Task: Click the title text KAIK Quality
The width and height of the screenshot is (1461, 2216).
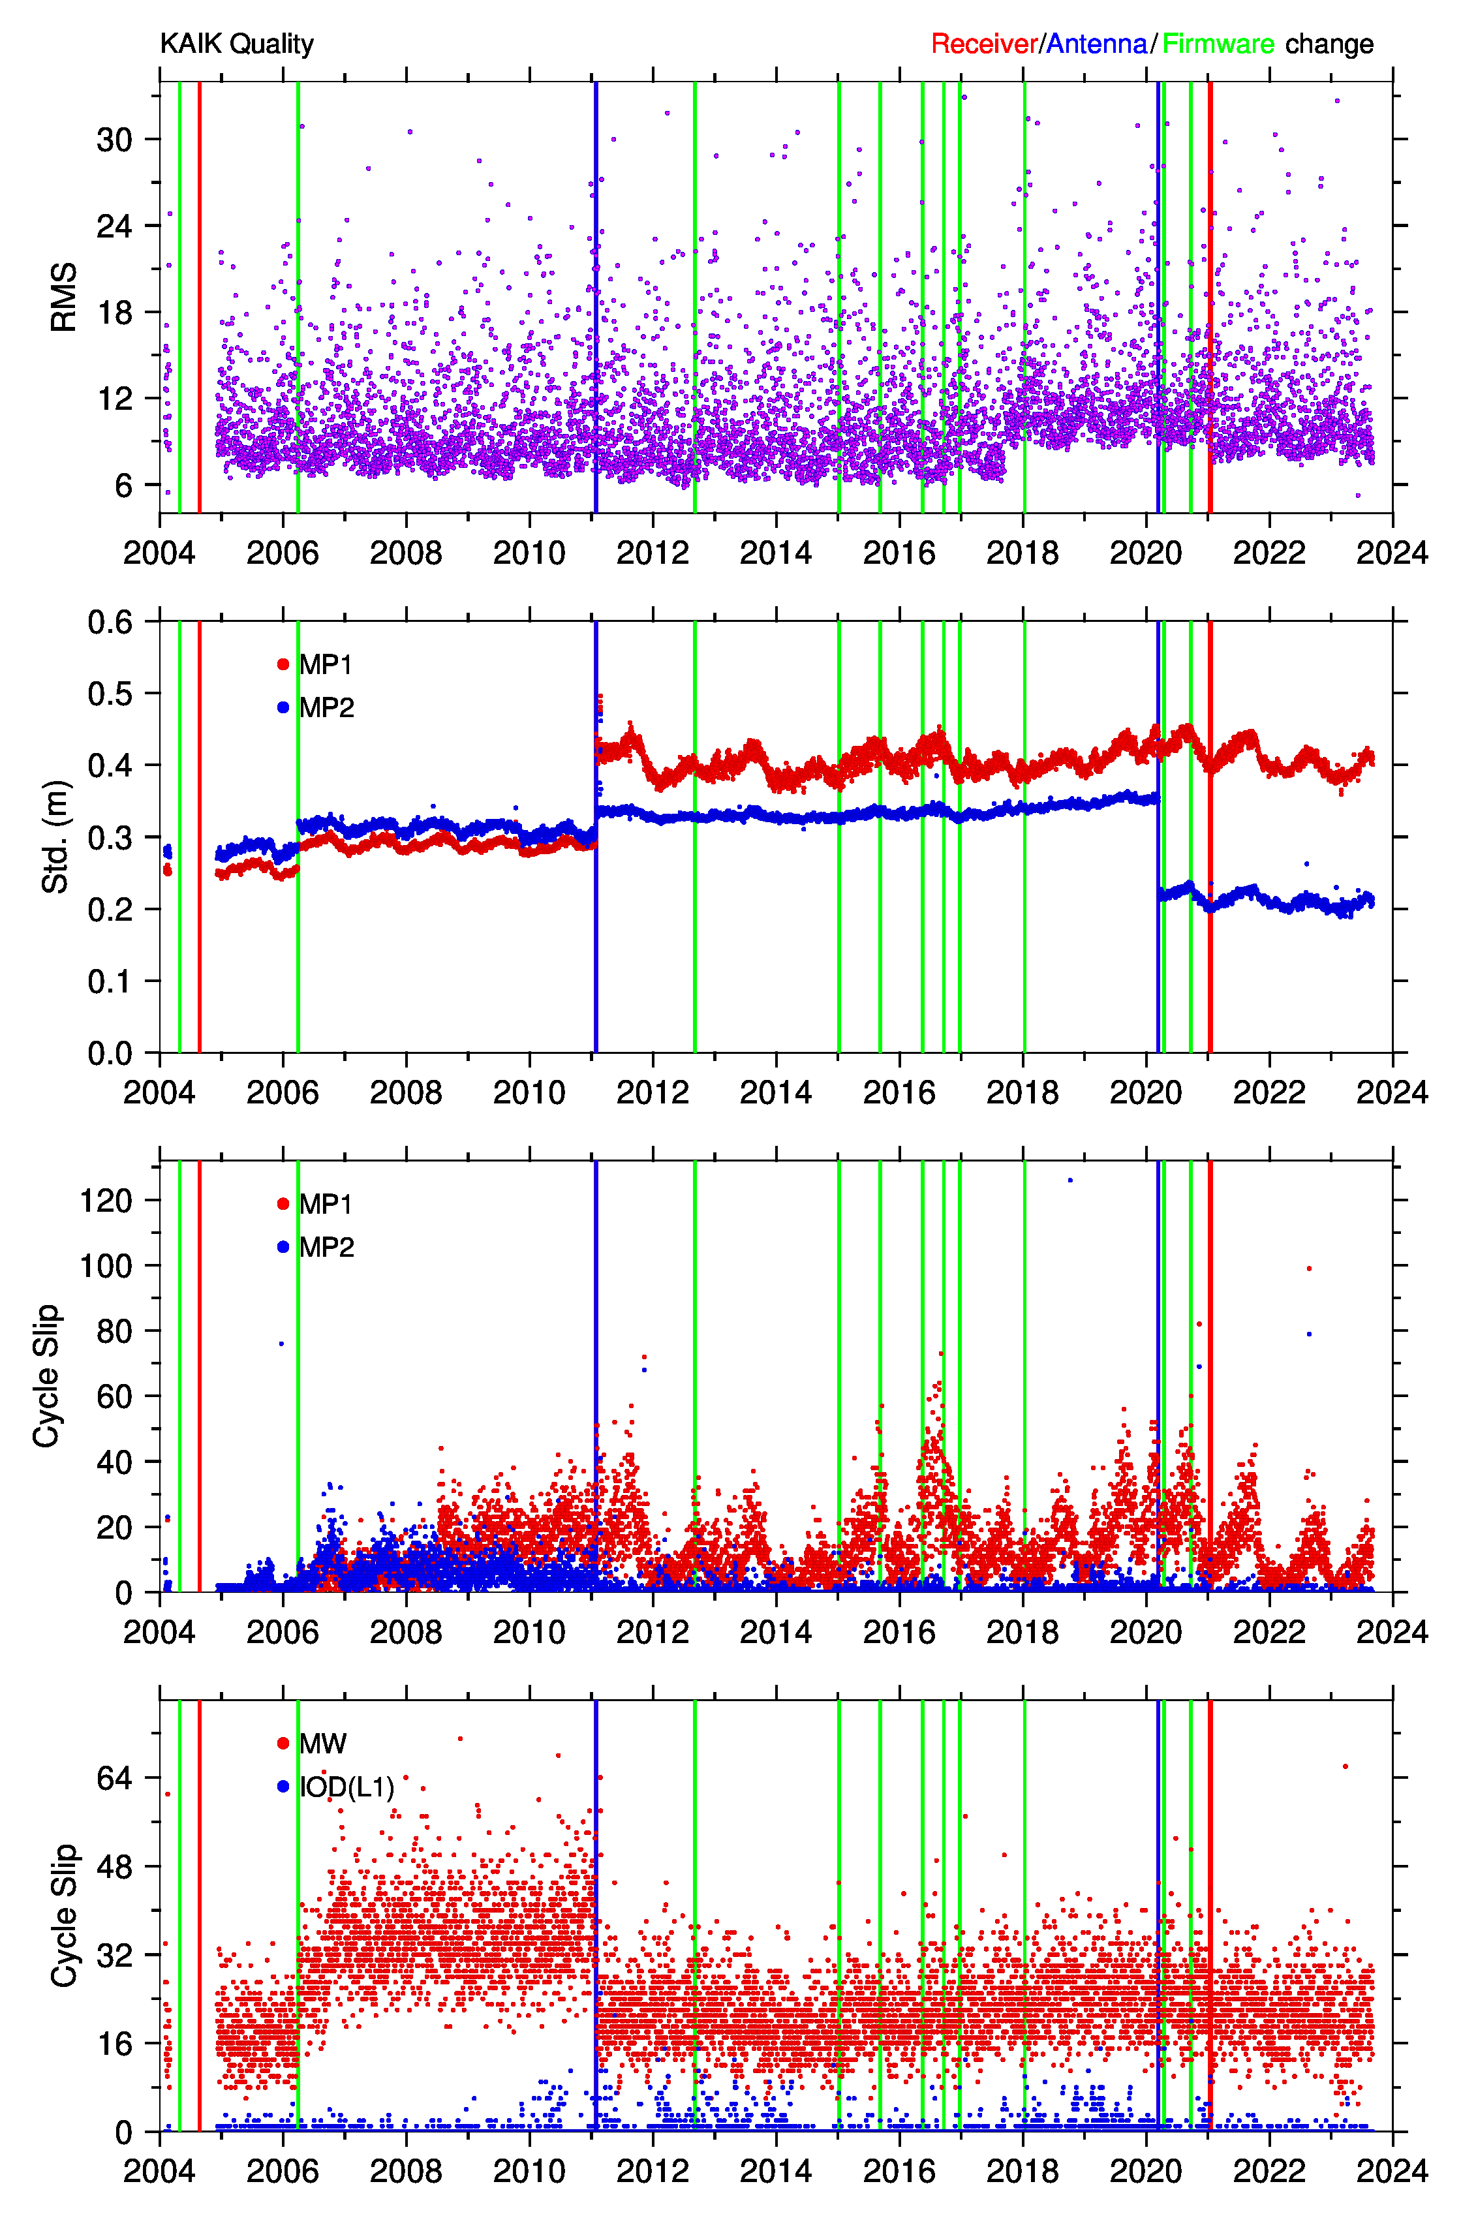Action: [237, 44]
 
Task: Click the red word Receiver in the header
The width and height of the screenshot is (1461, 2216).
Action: [984, 44]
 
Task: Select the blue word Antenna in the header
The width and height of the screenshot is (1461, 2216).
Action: [1097, 44]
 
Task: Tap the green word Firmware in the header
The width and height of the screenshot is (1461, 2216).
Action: [1218, 44]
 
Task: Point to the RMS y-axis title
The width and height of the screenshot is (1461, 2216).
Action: [63, 297]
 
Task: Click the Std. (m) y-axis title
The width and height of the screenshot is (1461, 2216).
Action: [56, 837]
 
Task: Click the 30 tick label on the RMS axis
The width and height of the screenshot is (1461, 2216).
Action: [115, 140]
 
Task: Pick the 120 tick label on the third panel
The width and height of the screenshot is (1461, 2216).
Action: [106, 1201]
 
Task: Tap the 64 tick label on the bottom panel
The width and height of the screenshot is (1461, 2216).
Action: [115, 1778]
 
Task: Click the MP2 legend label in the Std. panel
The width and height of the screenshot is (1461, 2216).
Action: [326, 708]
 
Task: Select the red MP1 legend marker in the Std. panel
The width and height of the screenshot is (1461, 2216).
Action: [283, 664]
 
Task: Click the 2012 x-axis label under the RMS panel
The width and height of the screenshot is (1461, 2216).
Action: [653, 553]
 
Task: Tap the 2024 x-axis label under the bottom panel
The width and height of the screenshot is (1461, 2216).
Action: [1392, 2171]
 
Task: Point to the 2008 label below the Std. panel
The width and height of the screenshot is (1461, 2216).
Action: [407, 1092]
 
